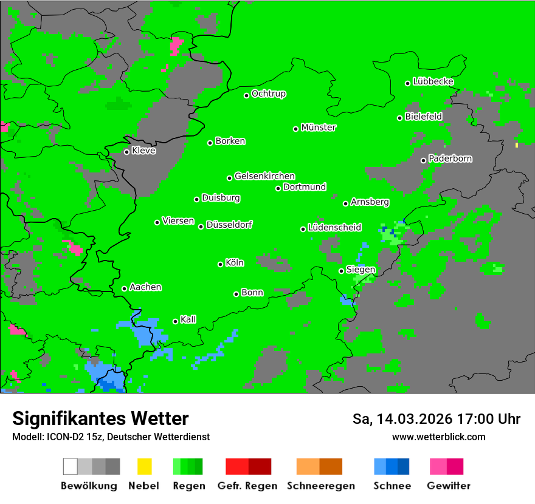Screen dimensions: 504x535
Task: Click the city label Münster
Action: tap(319, 128)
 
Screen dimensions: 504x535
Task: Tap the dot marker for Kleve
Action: tap(126, 152)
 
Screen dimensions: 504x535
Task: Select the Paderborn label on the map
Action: tap(450, 158)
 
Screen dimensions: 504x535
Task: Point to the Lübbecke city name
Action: tap(433, 81)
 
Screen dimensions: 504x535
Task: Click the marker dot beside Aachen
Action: tap(124, 288)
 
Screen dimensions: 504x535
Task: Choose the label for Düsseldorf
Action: tap(229, 225)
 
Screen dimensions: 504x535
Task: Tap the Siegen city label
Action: tap(361, 270)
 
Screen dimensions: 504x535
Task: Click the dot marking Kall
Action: tap(175, 321)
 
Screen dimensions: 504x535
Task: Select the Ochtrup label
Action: tap(269, 94)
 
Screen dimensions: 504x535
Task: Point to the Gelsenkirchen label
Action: tap(265, 176)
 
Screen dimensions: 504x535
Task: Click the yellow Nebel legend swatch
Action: tap(144, 466)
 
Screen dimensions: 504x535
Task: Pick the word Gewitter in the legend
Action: tap(449, 486)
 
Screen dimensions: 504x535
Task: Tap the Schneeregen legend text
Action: tap(321, 486)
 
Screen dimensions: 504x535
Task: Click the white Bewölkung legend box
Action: tap(71, 466)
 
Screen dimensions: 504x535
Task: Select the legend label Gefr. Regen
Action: tap(247, 486)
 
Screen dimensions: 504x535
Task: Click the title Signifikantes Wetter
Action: tap(100, 418)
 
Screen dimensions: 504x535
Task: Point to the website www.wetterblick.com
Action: tap(439, 437)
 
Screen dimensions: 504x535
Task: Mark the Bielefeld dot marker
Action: tap(400, 118)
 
